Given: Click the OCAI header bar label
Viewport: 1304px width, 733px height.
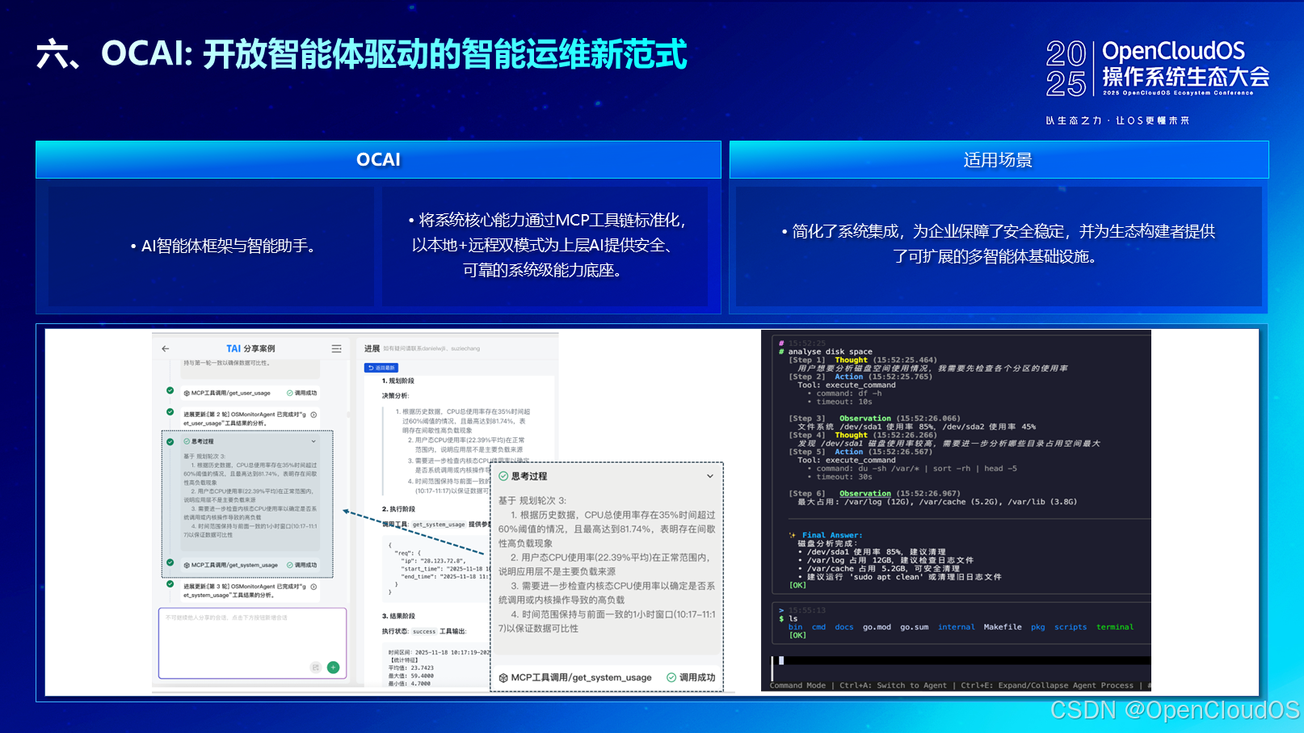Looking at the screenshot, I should click(x=378, y=160).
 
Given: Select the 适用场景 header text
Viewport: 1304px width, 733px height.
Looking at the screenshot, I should click(x=998, y=160).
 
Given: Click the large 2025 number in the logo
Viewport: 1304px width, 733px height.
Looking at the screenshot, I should click(x=1066, y=70).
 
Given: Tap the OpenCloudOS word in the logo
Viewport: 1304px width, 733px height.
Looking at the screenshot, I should click(x=1173, y=52).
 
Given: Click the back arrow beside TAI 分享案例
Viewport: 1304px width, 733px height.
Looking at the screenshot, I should click(x=166, y=348).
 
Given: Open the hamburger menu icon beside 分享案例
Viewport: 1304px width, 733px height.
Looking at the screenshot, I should click(x=336, y=348).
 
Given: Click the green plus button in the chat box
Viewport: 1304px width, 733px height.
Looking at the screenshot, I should click(x=333, y=668).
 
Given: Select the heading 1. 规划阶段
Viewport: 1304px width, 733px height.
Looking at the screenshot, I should click(x=398, y=381).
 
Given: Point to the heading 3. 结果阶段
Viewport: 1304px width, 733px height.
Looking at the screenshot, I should click(x=398, y=616).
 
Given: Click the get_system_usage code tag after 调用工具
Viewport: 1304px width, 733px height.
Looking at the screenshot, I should click(x=439, y=524).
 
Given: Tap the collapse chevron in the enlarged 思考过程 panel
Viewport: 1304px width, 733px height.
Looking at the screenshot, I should click(x=710, y=476).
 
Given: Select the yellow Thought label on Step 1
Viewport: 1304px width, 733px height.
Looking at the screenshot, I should click(x=851, y=360).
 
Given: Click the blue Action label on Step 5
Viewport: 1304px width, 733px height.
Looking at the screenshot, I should click(x=848, y=452).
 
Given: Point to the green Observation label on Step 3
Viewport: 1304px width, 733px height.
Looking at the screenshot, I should click(x=864, y=419).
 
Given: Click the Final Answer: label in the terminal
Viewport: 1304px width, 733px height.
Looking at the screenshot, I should click(x=831, y=535).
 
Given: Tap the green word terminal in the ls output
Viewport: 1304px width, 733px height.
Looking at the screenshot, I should click(x=1114, y=627).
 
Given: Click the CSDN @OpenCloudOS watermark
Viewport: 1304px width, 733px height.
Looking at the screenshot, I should click(x=1174, y=710).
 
